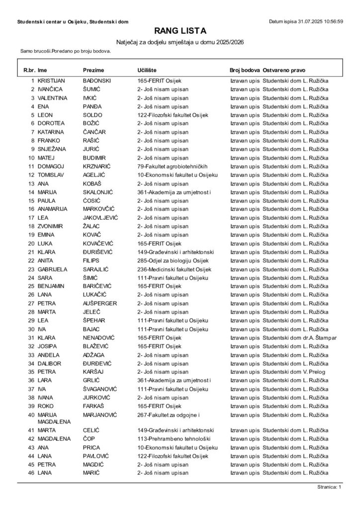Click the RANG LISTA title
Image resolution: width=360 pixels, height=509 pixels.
(180, 31)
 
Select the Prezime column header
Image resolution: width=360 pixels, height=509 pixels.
(93, 71)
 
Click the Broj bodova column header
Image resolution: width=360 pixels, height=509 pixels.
(245, 71)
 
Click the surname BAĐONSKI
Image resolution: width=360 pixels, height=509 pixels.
(97, 80)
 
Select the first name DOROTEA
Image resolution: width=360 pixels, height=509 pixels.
(52, 123)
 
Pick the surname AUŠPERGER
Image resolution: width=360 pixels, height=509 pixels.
(100, 303)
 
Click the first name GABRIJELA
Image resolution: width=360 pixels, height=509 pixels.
(53, 269)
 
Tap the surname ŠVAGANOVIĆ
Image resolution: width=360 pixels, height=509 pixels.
(101, 389)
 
